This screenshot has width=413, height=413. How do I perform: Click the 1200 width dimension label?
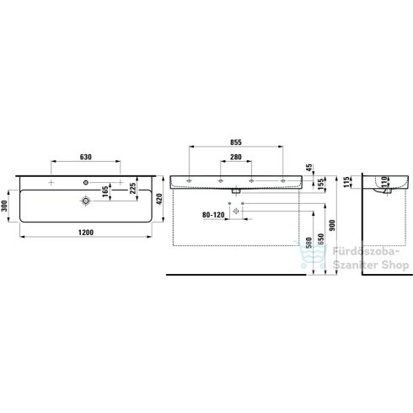point(86,233)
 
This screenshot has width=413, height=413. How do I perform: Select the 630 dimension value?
point(86,157)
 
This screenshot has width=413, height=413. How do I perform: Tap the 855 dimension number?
point(236,142)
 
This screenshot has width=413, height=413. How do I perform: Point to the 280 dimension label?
point(236,157)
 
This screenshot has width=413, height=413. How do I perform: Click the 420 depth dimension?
point(159,199)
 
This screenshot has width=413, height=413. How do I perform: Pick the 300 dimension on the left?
point(5,206)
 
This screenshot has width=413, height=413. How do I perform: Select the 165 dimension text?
point(105,191)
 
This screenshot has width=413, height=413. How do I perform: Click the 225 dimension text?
point(132,188)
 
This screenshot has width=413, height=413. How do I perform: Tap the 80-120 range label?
point(213,215)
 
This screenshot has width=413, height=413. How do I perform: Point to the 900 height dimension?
point(332,225)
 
